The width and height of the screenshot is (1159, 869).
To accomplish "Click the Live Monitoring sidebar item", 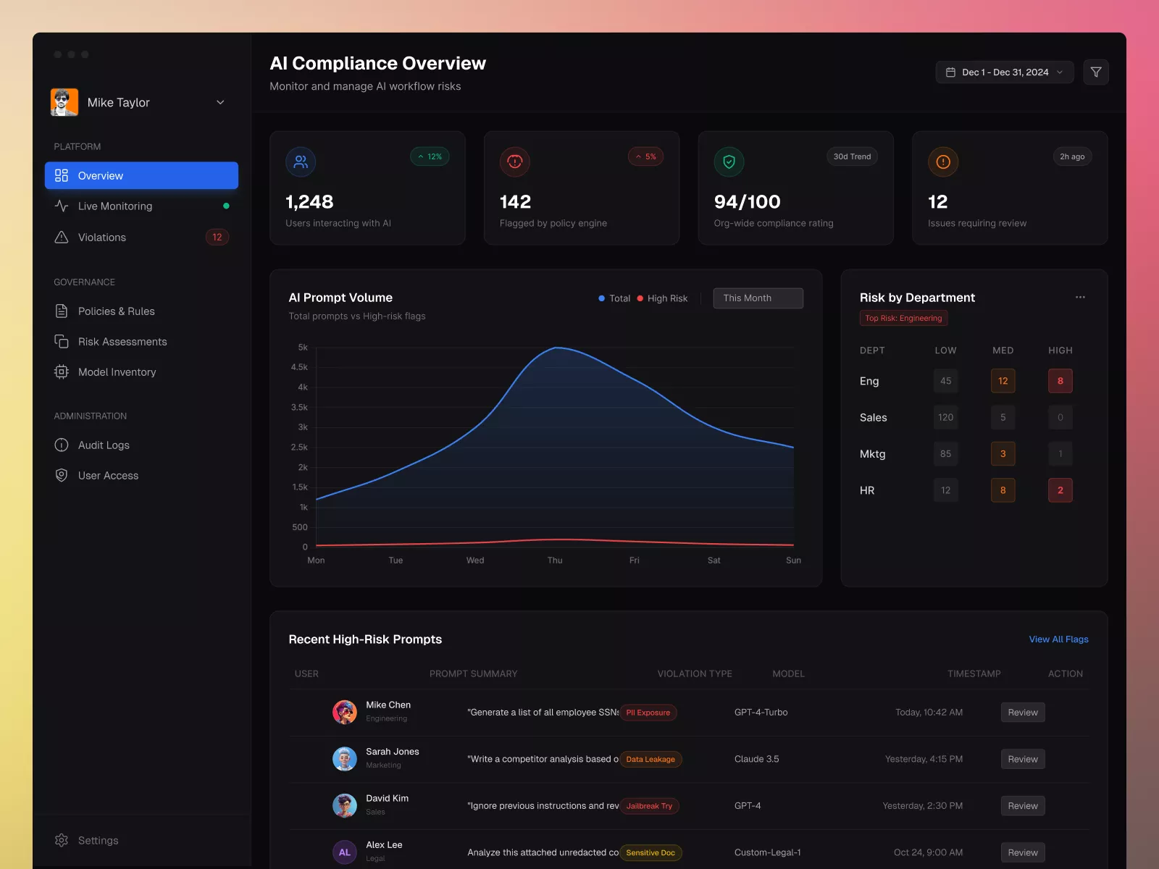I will pos(115,206).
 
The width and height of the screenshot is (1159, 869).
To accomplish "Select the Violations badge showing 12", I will pos(217,238).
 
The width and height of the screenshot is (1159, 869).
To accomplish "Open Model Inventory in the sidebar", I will pos(117,372).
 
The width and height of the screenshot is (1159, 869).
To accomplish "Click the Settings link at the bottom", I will pos(98,841).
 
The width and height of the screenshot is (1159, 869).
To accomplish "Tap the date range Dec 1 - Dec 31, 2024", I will pos(1005,72).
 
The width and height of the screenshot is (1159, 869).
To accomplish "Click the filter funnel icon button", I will pos(1096,72).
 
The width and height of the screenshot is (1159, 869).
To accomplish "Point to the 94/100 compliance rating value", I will pos(747,202).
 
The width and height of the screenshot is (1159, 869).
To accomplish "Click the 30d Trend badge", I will pos(852,156).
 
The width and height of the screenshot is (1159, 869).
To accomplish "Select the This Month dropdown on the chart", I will pos(758,298).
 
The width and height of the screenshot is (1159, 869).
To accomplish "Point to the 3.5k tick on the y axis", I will pos(299,408).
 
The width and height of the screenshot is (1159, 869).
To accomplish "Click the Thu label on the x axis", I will pos(555,561).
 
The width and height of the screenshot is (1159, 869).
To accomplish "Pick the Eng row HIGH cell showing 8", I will pos(1060,381).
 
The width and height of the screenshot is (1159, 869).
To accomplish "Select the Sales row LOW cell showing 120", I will pos(945,418).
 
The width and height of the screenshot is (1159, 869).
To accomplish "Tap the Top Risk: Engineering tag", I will pos(903,318).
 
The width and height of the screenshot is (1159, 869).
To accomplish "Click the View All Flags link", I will pos(1058,639).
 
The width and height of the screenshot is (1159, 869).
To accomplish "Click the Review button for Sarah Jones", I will pos(1022,760).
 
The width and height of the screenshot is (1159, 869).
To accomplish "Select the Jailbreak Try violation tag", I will pos(649,806).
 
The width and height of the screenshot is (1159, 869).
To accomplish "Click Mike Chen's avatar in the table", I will pos(345,713).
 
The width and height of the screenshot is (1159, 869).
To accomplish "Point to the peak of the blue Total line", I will pos(556,348).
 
